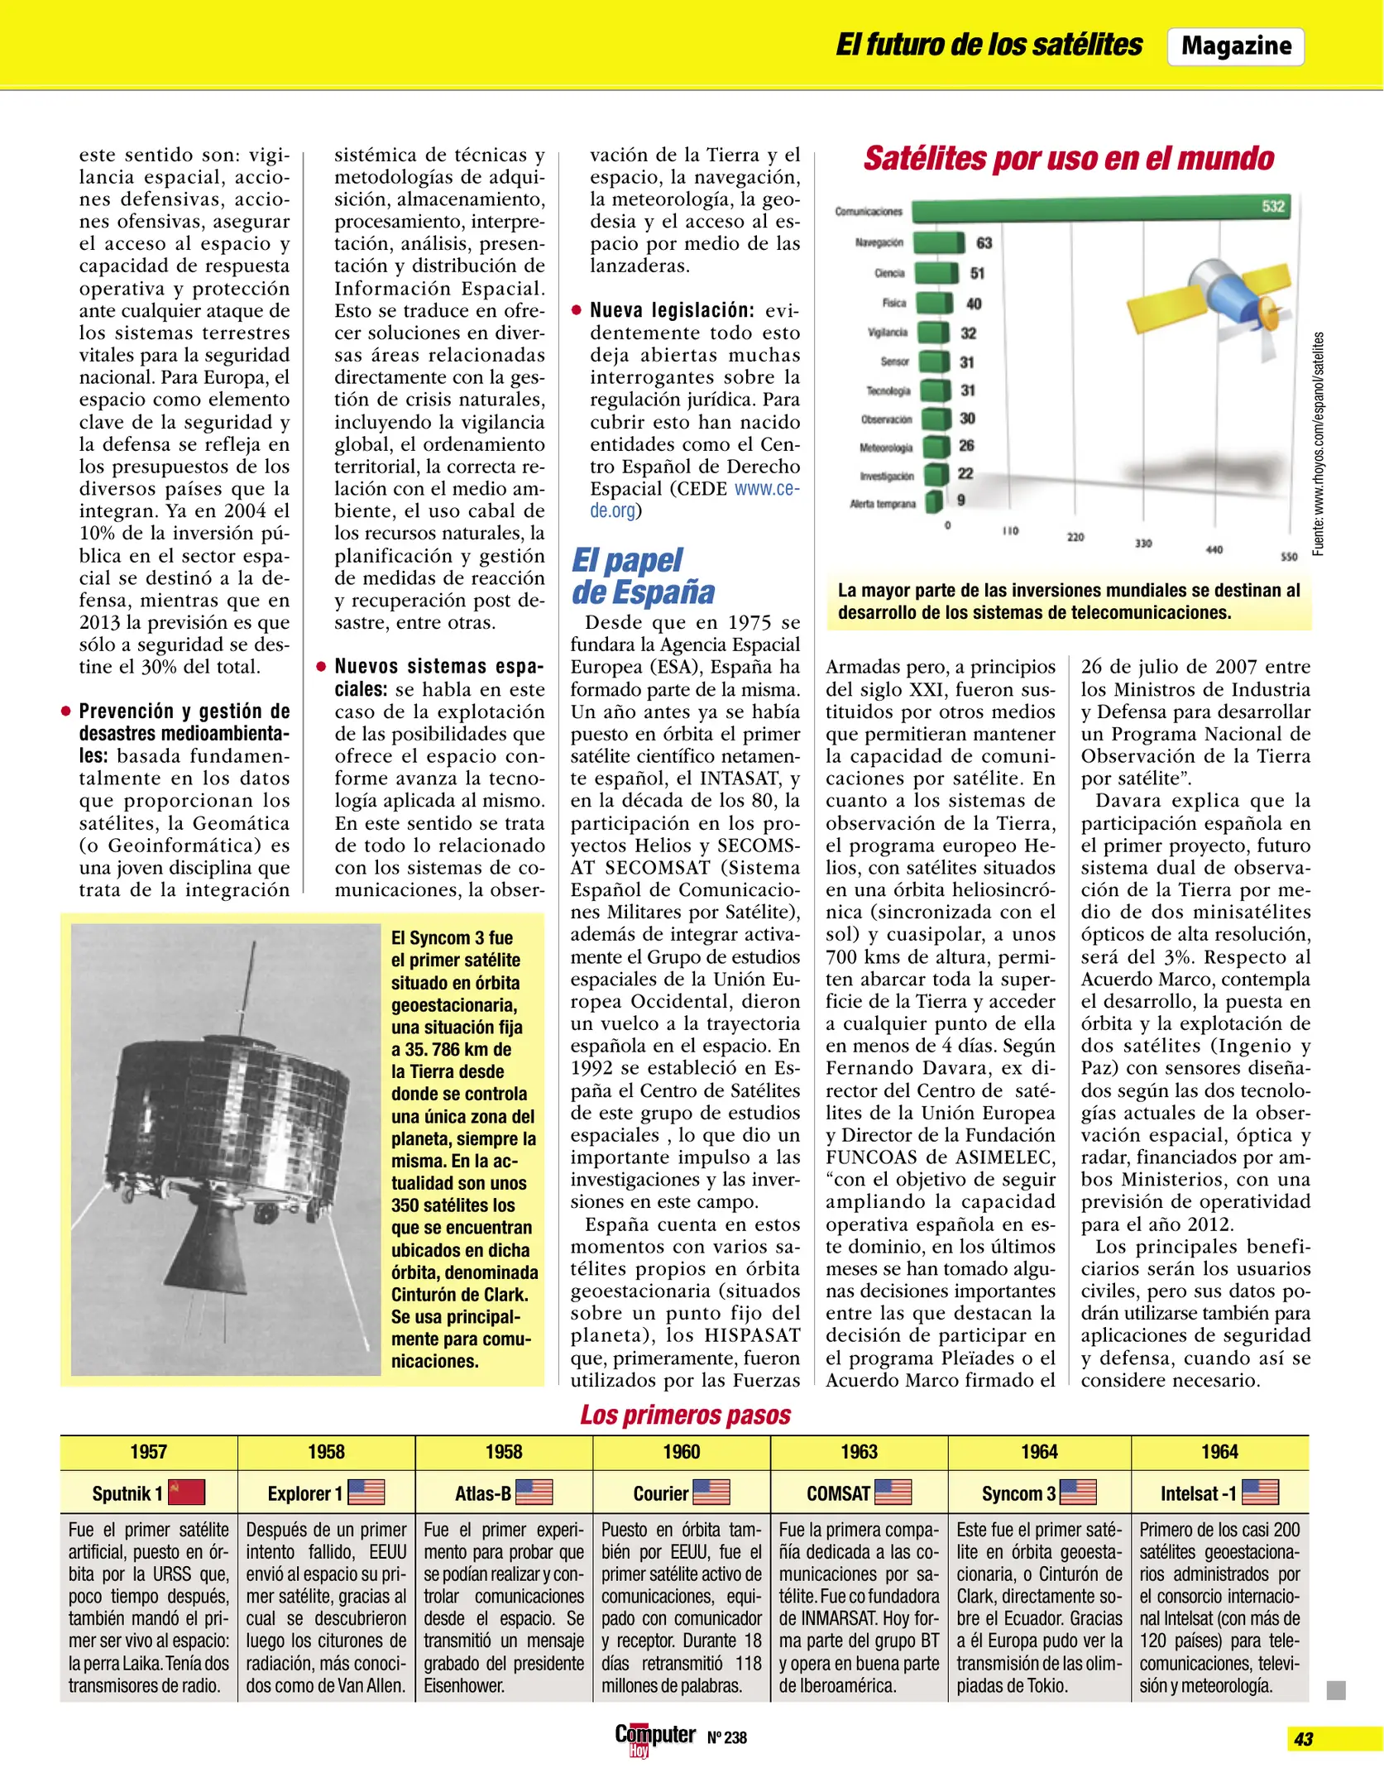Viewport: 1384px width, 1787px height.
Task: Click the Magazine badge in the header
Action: coord(1235,46)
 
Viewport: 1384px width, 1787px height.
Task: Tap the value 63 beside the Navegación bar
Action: coord(984,243)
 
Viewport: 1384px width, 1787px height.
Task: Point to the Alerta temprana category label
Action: coord(883,504)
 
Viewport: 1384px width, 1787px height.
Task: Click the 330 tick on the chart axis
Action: coord(1142,544)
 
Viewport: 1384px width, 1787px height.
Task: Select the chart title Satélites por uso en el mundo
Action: coord(1068,158)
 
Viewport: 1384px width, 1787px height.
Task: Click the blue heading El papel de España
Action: coord(643,576)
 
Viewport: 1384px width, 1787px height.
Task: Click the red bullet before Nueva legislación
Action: coord(577,311)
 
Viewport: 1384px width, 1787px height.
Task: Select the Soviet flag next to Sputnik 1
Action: coord(186,1492)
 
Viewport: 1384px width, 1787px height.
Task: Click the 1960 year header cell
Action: coord(681,1452)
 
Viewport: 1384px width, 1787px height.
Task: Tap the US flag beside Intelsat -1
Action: coord(1260,1492)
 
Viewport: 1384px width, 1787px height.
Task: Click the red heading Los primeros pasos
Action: coord(685,1415)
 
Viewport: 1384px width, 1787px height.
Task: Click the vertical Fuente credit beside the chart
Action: coord(1319,443)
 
